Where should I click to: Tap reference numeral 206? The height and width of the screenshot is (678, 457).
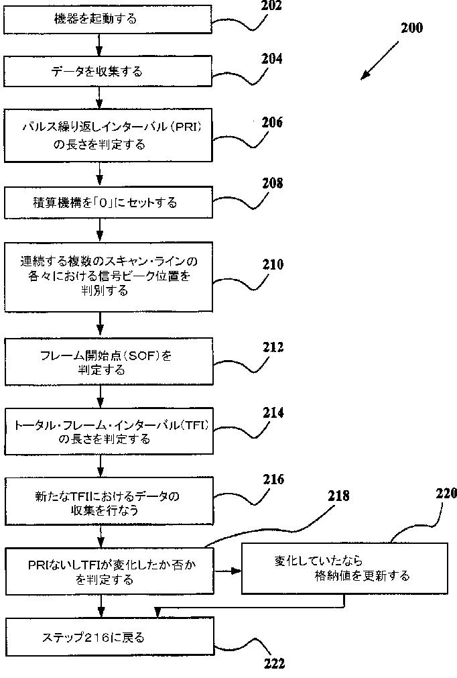tap(272, 123)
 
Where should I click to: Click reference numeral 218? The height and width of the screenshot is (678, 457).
tap(338, 496)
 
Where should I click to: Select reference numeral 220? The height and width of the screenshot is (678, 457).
tap(446, 493)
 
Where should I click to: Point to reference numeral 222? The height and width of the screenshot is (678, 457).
tap(273, 663)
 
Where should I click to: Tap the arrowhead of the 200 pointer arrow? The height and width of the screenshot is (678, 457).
tap(363, 77)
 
